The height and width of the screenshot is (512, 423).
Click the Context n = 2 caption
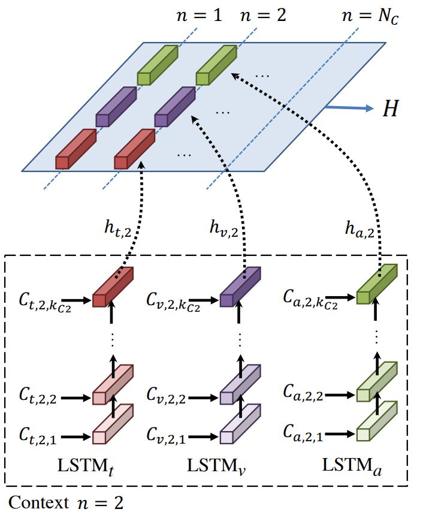coord(66,502)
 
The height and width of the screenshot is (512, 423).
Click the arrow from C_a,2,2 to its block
coord(339,396)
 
